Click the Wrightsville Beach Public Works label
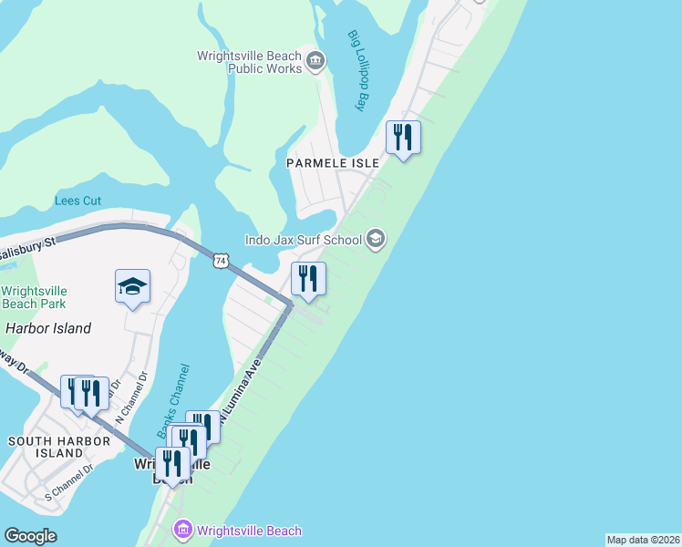(249, 61)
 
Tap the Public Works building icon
(315, 61)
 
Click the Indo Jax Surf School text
(303, 241)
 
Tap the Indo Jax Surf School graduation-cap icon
(375, 241)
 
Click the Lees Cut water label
(78, 201)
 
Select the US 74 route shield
(220, 261)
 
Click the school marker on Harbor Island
(132, 287)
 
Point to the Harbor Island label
(48, 328)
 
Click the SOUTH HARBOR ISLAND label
(58, 447)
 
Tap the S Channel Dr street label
(69, 484)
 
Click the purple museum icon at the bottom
(182, 530)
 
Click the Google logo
(30, 536)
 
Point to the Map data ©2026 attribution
(643, 540)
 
